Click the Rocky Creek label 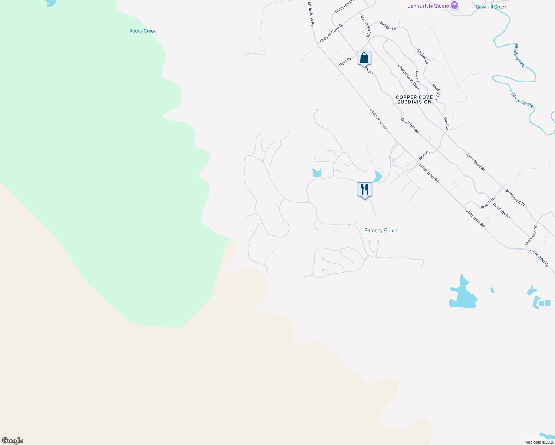pos(142,31)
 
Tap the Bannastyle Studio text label pos(428,6)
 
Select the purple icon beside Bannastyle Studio pos(454,6)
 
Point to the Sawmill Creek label pos(491,7)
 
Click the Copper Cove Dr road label pos(331,33)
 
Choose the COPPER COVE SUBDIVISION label pos(414,99)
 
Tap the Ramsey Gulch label pos(381,230)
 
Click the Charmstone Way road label pos(408,77)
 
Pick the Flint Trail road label pos(488,203)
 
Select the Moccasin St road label pos(531,235)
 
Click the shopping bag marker pos(364,58)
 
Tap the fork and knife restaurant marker pos(365,189)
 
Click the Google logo pos(13,441)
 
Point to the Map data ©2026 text pos(539,442)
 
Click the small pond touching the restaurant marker pos(378,177)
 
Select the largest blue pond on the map pos(463,295)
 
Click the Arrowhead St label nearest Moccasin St pos(515,198)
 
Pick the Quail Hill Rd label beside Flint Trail pos(502,210)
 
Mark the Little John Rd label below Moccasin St pos(539,258)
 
